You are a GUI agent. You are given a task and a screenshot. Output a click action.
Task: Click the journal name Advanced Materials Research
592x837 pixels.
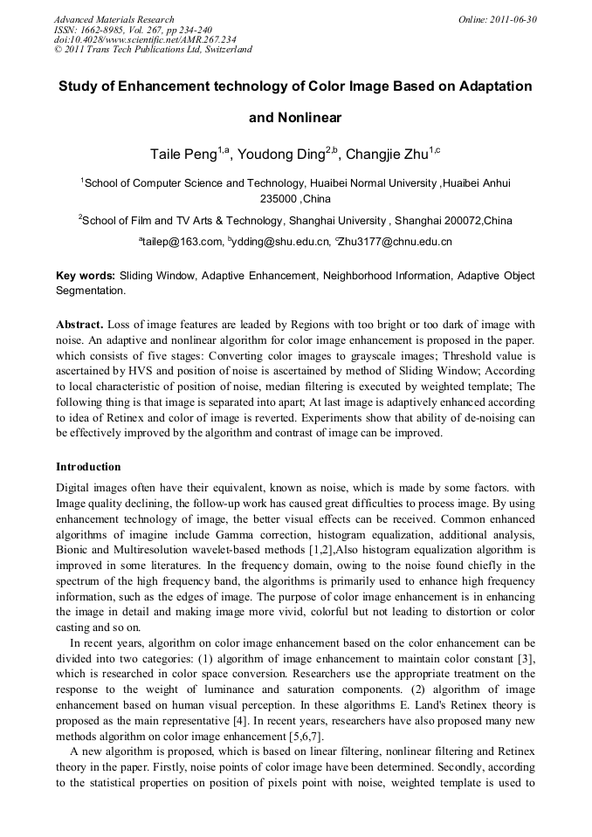point(114,19)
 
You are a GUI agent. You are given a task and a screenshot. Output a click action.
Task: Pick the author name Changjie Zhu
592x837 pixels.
point(387,155)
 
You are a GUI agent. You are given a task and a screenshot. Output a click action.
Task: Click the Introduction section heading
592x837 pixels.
point(88,467)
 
